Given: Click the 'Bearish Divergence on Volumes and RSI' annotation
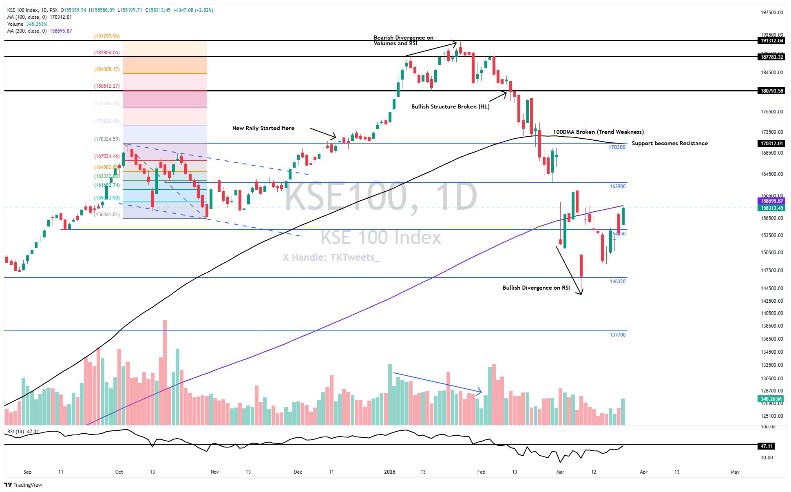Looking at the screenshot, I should [x=403, y=40].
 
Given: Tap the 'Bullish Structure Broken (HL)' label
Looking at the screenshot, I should [x=450, y=106].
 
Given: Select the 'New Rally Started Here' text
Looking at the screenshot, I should [x=263, y=128].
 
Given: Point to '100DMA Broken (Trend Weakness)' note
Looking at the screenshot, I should [x=598, y=132].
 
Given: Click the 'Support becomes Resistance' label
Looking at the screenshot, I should [x=669, y=143].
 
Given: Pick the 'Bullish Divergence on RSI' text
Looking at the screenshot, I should [x=536, y=288].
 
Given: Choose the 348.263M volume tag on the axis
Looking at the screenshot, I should [x=771, y=399].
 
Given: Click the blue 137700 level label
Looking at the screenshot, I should [x=617, y=335].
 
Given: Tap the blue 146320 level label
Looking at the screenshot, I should [x=617, y=281].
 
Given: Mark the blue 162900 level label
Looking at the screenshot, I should [x=617, y=186].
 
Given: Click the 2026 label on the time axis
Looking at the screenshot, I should [x=390, y=472].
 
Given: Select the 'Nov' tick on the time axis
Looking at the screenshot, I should [x=214, y=472].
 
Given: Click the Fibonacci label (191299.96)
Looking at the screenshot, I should [x=107, y=36].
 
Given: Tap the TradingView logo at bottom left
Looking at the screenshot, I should [x=23, y=485].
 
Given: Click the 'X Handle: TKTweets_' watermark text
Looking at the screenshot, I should [x=331, y=257].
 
